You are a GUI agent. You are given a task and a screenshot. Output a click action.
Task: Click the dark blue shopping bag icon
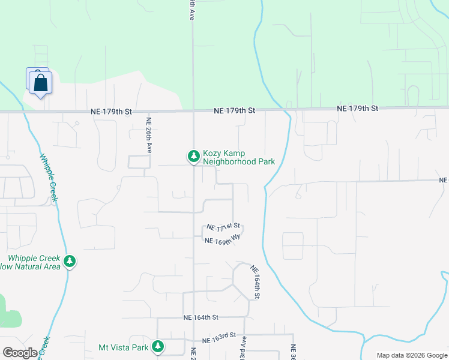click(40, 83)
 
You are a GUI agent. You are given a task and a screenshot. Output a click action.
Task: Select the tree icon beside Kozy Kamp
click(193, 157)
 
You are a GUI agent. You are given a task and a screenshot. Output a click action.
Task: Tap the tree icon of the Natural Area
click(70, 262)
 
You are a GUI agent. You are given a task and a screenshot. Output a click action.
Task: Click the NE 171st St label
click(223, 227)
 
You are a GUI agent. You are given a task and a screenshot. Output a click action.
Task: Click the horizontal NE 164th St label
click(200, 317)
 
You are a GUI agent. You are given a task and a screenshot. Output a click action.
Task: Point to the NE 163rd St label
click(220, 340)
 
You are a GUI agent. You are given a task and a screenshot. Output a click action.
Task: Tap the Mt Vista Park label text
click(123, 347)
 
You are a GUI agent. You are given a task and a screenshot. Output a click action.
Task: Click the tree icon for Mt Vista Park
click(157, 346)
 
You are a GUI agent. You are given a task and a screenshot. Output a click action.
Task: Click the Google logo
click(20, 353)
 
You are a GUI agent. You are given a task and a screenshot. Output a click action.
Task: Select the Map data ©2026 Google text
click(411, 355)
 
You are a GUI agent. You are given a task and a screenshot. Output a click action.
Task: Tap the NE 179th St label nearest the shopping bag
click(111, 112)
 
